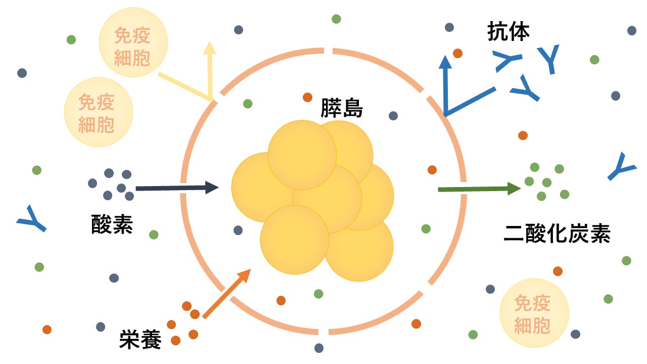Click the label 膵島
342,108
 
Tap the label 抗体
508,31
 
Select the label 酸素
112,223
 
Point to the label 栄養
141,340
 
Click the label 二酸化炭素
557,234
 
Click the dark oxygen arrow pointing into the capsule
177,188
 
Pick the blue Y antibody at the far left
31,218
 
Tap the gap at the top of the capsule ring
328,50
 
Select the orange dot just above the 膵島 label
307,97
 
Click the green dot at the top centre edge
336,19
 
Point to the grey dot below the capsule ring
318,348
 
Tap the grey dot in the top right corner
631,30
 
